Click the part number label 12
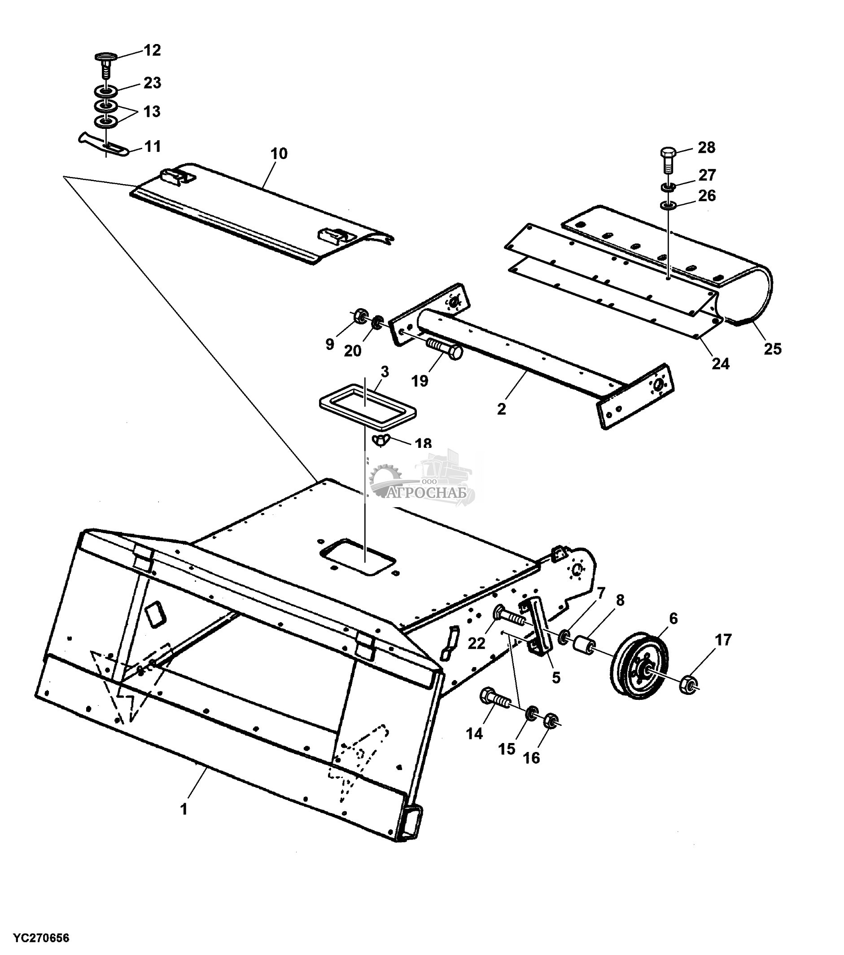pyautogui.click(x=152, y=50)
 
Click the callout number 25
pyautogui.click(x=772, y=349)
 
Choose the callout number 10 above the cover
pyautogui.click(x=279, y=154)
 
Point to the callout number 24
pyautogui.click(x=720, y=363)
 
